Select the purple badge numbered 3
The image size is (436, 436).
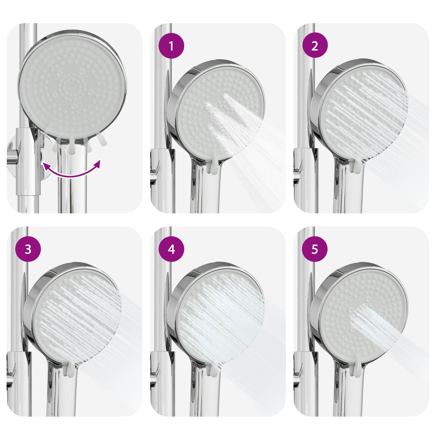[28, 249]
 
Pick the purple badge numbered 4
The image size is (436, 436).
[171, 249]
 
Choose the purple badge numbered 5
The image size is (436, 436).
[315, 249]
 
